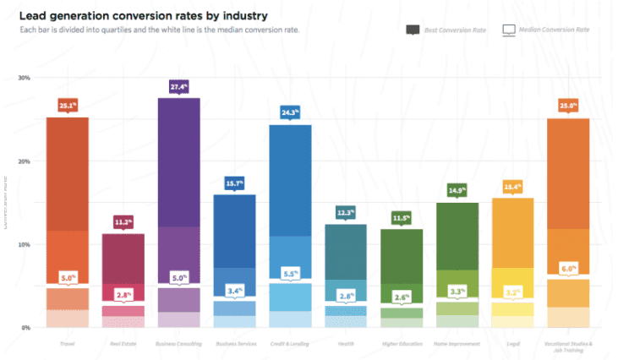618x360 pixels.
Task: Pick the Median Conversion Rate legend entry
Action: coord(546,30)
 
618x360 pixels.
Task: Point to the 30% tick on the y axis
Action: coord(24,78)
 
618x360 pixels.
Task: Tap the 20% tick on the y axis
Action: coord(24,161)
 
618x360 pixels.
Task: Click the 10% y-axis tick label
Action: coord(24,244)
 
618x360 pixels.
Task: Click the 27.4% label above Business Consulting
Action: coord(179,86)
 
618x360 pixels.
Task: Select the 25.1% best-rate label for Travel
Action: coord(68,105)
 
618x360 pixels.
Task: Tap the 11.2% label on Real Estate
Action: coord(123,221)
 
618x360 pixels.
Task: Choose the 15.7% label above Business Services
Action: coord(235,183)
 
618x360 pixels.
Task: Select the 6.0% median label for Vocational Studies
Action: coord(568,269)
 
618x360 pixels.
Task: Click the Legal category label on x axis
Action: coord(512,344)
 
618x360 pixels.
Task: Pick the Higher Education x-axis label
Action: coord(402,344)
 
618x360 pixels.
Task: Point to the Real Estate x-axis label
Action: coord(123,344)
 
